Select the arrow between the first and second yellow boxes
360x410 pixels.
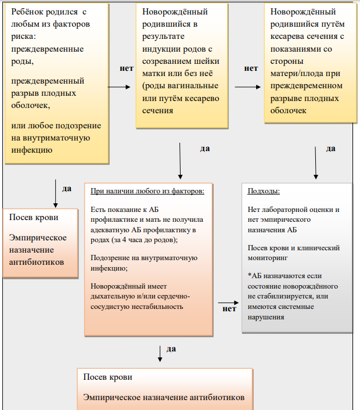point(119,87)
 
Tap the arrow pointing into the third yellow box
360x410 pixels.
point(247,87)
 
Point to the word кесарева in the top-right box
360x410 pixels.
point(287,36)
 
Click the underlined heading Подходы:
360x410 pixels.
point(264,191)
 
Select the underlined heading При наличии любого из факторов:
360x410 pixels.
point(147,191)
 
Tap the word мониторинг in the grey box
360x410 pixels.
point(268,258)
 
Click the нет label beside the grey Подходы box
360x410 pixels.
point(229,309)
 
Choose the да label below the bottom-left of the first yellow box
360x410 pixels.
point(67,189)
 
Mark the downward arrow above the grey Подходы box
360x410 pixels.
point(315,163)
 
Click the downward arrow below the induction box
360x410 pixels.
point(180,161)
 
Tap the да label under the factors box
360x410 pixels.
point(171,349)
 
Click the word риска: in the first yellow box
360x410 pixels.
point(24,36)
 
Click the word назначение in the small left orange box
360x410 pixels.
point(31,250)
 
